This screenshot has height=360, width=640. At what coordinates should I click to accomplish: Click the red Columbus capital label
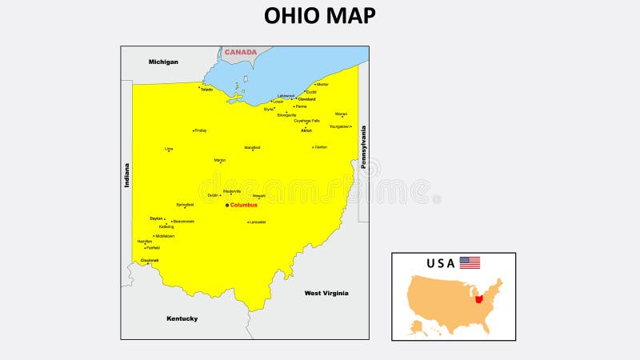pyautogui.click(x=244, y=205)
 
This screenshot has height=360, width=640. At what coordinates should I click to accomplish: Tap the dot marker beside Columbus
pyautogui.click(x=226, y=205)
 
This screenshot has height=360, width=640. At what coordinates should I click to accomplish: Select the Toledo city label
pyautogui.click(x=207, y=90)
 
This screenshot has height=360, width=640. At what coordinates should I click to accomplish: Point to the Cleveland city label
pyautogui.click(x=306, y=99)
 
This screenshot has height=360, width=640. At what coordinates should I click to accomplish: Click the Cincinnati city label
pyautogui.click(x=150, y=260)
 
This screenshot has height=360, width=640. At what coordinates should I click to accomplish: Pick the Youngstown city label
pyautogui.click(x=339, y=126)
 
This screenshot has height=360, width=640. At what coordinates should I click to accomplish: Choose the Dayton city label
pyautogui.click(x=156, y=218)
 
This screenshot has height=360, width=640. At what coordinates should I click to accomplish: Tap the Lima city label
pyautogui.click(x=169, y=149)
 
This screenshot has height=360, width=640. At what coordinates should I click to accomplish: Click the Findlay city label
pyautogui.click(x=200, y=130)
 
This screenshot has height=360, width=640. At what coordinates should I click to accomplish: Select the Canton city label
pyautogui.click(x=321, y=147)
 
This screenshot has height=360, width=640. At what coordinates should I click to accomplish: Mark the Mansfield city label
pyautogui.click(x=252, y=147)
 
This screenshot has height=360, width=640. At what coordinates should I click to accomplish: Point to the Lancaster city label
pyautogui.click(x=258, y=222)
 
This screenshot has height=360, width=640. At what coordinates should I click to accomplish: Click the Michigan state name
pyautogui.click(x=163, y=62)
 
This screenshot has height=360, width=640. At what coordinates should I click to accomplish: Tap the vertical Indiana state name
pyautogui.click(x=126, y=175)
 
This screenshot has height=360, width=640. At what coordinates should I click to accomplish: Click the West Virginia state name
pyautogui.click(x=326, y=293)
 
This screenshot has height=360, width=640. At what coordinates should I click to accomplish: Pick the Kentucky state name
pyautogui.click(x=182, y=318)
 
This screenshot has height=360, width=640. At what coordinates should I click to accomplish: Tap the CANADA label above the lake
pyautogui.click(x=240, y=52)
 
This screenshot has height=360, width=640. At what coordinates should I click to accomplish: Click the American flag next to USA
pyautogui.click(x=470, y=262)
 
